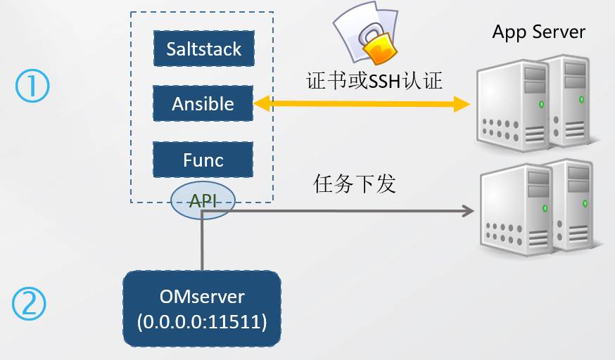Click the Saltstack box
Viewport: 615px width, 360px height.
coord(203,49)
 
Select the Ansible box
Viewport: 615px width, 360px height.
coord(203,104)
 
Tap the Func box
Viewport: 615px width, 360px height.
coord(203,160)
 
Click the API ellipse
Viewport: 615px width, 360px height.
coord(203,201)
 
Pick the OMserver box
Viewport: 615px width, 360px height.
coord(202,309)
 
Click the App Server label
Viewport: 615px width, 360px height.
coord(538,32)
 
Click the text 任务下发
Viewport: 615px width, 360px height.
coord(354,184)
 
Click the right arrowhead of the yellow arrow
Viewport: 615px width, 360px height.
coord(462,105)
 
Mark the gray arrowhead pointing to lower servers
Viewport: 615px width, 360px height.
coord(465,210)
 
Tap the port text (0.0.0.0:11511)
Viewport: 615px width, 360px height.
coord(202,322)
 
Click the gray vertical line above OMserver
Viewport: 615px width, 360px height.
coord(203,243)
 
